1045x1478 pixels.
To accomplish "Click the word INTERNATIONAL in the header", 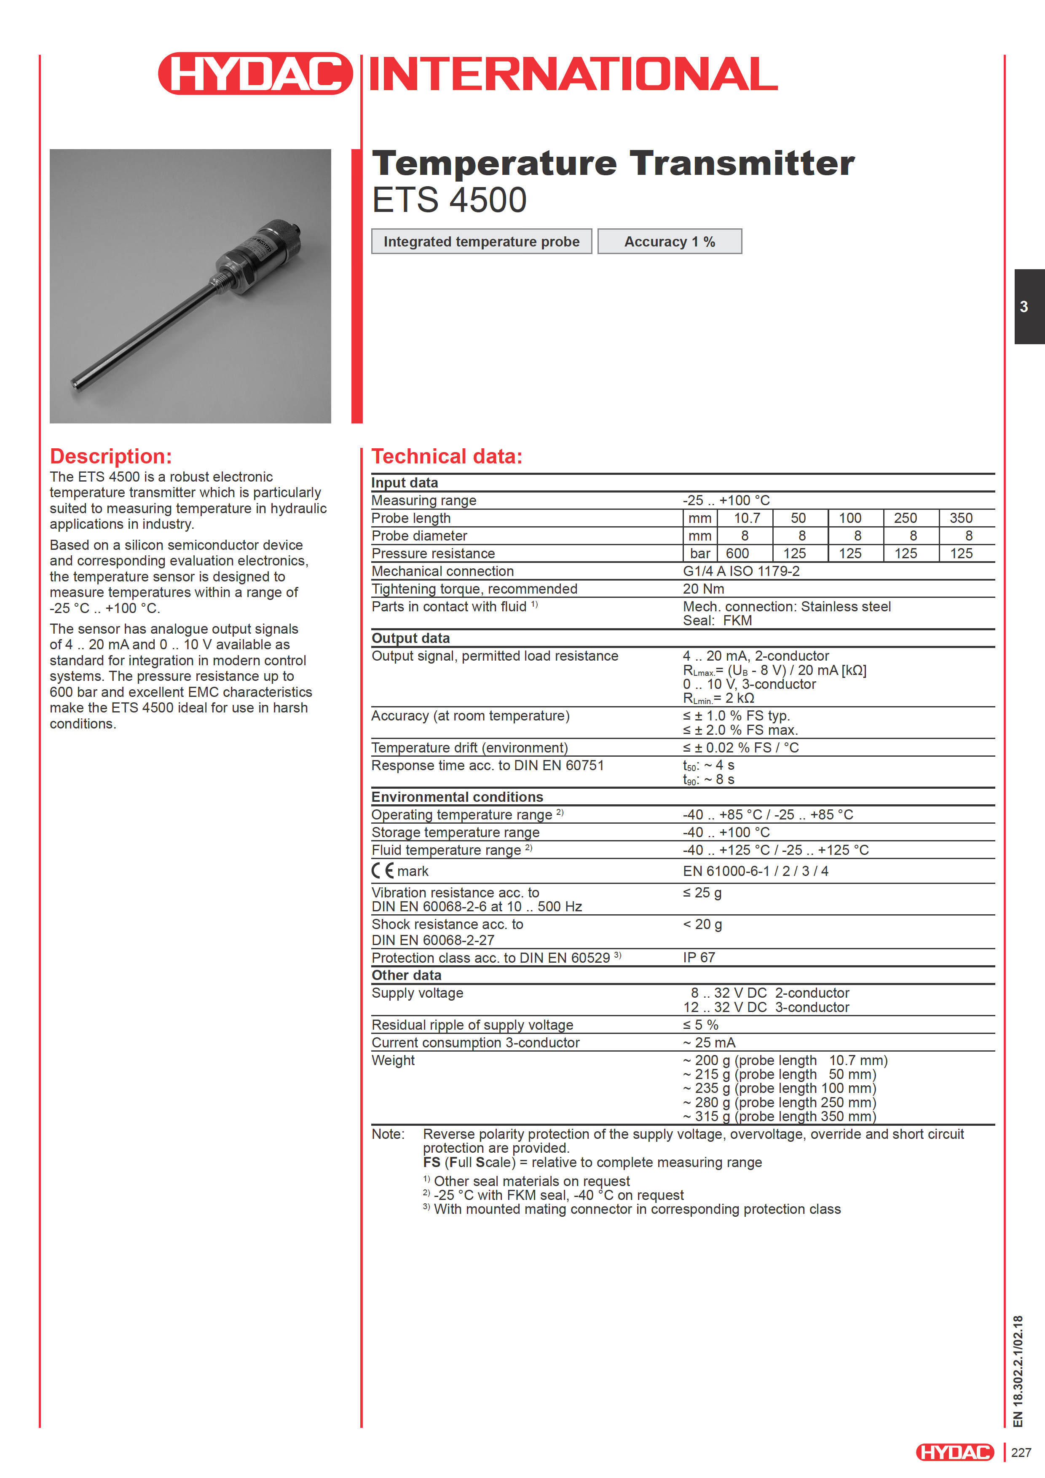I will tap(572, 74).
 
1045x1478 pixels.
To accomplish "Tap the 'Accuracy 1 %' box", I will tap(669, 241).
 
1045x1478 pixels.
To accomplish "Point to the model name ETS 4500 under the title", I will tap(450, 200).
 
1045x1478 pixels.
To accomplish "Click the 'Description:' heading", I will tap(111, 456).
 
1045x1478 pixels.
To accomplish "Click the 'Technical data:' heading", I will tap(447, 456).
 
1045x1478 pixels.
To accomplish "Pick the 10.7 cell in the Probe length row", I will tap(747, 518).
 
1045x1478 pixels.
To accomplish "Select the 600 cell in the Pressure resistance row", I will tap(737, 554).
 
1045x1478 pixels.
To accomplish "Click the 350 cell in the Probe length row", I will tap(961, 518).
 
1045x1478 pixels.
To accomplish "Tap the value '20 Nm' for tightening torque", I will tap(703, 589).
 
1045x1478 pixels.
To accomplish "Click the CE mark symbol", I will tap(383, 871).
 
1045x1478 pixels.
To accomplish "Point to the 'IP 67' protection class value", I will tap(699, 958).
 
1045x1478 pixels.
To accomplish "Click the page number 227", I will tap(1021, 1452).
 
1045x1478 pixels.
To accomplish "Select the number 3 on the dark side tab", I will tap(1024, 307).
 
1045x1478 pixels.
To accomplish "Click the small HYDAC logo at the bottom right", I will tap(954, 1452).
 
